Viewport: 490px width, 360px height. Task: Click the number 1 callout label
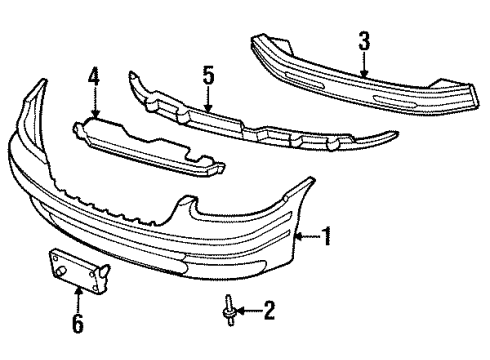pyautogui.click(x=328, y=237)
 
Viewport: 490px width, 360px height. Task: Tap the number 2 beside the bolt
pyautogui.click(x=267, y=312)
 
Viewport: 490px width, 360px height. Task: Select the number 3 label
pyautogui.click(x=365, y=40)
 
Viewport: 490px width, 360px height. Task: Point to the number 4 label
pyautogui.click(x=93, y=73)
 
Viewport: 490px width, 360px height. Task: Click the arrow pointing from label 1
pyautogui.click(x=309, y=237)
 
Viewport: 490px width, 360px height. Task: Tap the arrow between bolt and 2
pyautogui.click(x=247, y=312)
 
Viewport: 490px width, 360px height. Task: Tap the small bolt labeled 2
pyautogui.click(x=229, y=310)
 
